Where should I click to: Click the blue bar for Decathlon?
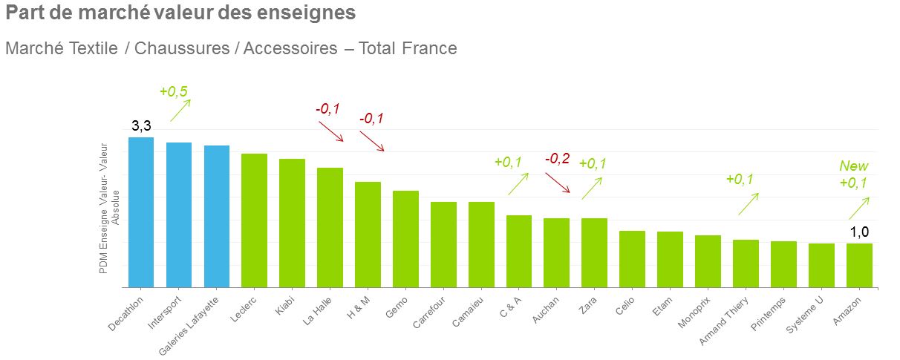141,212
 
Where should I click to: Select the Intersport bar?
179,215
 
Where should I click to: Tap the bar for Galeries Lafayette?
217,216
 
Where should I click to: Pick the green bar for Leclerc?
254,220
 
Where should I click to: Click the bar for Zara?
594,252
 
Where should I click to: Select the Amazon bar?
859,265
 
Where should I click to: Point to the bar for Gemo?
405,239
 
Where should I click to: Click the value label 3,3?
142,127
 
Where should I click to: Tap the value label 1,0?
859,232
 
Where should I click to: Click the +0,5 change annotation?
174,91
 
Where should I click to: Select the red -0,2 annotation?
558,159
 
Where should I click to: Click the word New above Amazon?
853,166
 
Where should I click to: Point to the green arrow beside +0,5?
180,110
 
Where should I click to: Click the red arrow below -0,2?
558,183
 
